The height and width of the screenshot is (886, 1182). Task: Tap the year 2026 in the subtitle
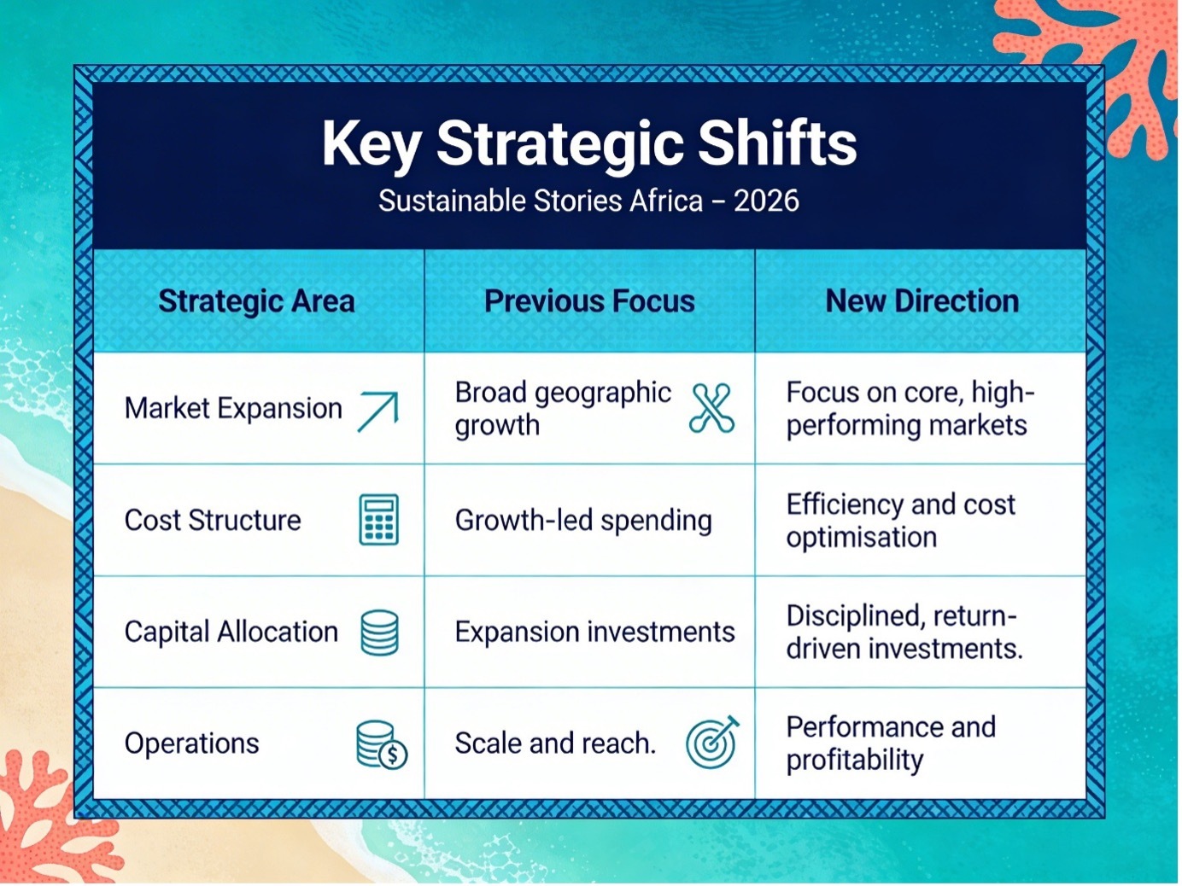(766, 201)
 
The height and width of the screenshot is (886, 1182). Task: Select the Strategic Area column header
(257, 301)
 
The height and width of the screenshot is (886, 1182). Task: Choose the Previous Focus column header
(589, 300)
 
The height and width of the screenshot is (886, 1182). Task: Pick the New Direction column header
(922, 300)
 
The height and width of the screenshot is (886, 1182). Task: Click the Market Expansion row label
(233, 408)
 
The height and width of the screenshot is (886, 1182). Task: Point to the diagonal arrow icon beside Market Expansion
(378, 411)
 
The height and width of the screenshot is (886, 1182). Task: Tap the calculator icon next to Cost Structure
(379, 520)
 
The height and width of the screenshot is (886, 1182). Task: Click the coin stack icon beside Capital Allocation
(380, 632)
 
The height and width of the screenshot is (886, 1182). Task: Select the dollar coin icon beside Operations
(382, 744)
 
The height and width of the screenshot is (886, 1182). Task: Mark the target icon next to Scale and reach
(712, 743)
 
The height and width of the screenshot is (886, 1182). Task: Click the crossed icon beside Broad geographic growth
(712, 408)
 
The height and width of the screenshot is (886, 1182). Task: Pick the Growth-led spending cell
(583, 521)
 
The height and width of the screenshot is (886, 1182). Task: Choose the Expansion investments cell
(594, 632)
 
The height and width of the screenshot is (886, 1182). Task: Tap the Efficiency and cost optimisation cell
(900, 521)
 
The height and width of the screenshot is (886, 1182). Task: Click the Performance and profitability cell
(891, 744)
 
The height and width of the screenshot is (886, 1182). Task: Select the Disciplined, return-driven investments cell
(904, 632)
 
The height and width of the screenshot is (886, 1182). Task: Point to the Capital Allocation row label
(231, 632)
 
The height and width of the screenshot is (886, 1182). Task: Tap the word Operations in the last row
(191, 744)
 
